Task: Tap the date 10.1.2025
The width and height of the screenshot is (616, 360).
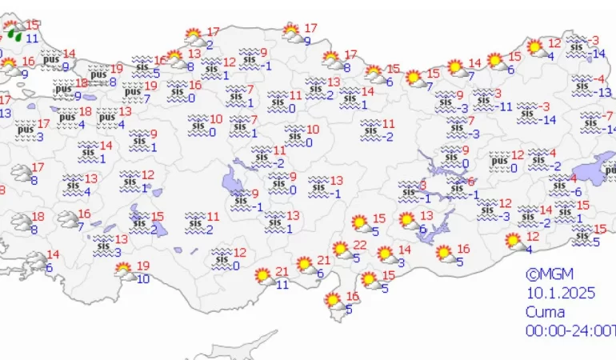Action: pos(561,294)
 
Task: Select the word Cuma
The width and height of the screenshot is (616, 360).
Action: pos(546,312)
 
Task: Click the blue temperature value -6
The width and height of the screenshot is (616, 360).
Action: pos(577,191)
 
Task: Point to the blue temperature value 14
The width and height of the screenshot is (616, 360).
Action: pos(599,54)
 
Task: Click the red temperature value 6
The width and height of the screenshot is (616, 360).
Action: pos(471,182)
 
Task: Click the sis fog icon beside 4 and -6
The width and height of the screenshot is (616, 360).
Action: pos(558,185)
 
